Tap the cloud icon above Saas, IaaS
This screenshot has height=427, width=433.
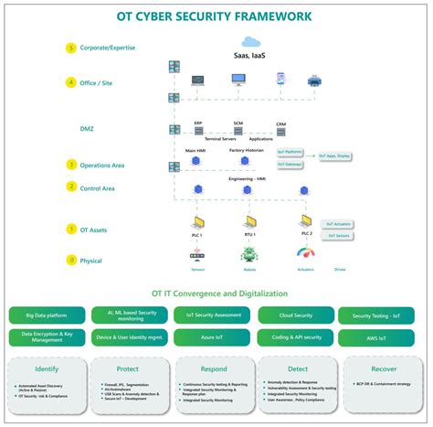[x=250, y=41]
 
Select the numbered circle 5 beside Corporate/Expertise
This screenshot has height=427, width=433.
[x=71, y=48]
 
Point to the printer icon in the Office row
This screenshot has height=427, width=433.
[x=315, y=80]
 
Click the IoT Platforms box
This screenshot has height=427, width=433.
[x=290, y=152]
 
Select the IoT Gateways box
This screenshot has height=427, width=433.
[x=290, y=164]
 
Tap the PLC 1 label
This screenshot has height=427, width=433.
[x=198, y=236]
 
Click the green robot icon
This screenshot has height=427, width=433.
[x=250, y=255]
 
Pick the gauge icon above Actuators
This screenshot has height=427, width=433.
[x=305, y=253]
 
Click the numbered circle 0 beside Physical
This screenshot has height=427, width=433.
[x=71, y=259]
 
